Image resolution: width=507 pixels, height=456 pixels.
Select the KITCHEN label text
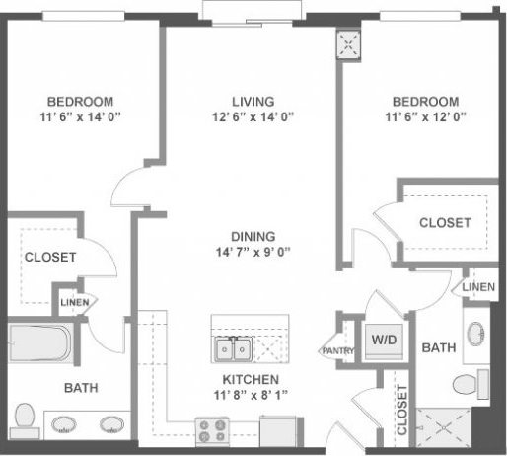click(x=250, y=379)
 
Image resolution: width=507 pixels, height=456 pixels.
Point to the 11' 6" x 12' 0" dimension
click(x=425, y=118)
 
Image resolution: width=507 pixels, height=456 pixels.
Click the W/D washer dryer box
click(x=383, y=339)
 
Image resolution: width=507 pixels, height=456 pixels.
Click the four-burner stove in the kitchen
click(x=210, y=430)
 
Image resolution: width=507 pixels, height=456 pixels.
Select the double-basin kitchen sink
click(x=234, y=348)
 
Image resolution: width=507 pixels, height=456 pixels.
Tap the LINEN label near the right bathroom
click(x=478, y=286)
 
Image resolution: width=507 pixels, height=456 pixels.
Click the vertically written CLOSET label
click(x=401, y=411)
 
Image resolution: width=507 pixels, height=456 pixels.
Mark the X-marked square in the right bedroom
click(x=348, y=42)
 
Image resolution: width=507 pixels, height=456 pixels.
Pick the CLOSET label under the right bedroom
click(x=445, y=223)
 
